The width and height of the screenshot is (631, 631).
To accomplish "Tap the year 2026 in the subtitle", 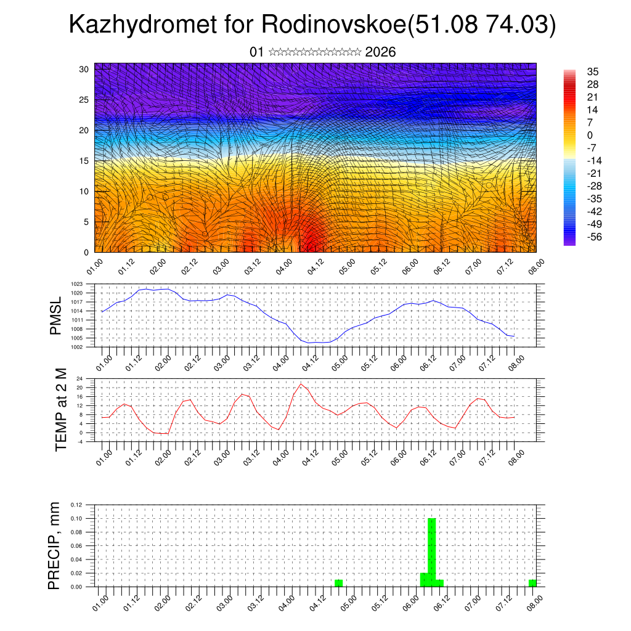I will click(380, 52).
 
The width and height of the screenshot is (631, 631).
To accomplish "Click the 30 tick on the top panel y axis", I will click(84, 69).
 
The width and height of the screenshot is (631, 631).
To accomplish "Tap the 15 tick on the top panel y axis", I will click(84, 161).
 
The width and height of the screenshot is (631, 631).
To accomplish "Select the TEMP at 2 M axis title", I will click(60, 410).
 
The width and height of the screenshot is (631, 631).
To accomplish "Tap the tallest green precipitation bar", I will click(431, 552).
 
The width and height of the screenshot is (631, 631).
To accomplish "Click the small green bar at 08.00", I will click(532, 583).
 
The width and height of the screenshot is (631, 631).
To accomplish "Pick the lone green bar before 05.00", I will click(338, 583).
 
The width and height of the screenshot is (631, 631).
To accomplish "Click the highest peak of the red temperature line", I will click(301, 384).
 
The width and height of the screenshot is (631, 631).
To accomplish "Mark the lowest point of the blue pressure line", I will click(315, 343).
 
